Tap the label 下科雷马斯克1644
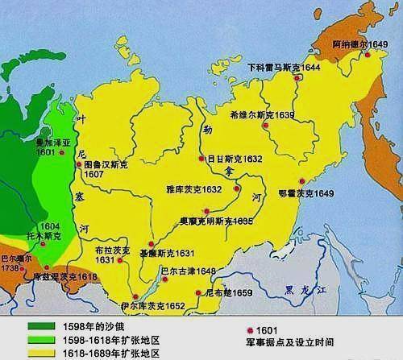(x=284, y=68)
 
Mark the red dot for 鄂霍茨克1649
(x=301, y=182)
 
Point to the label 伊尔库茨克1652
(x=153, y=305)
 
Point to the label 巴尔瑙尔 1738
(x=18, y=263)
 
